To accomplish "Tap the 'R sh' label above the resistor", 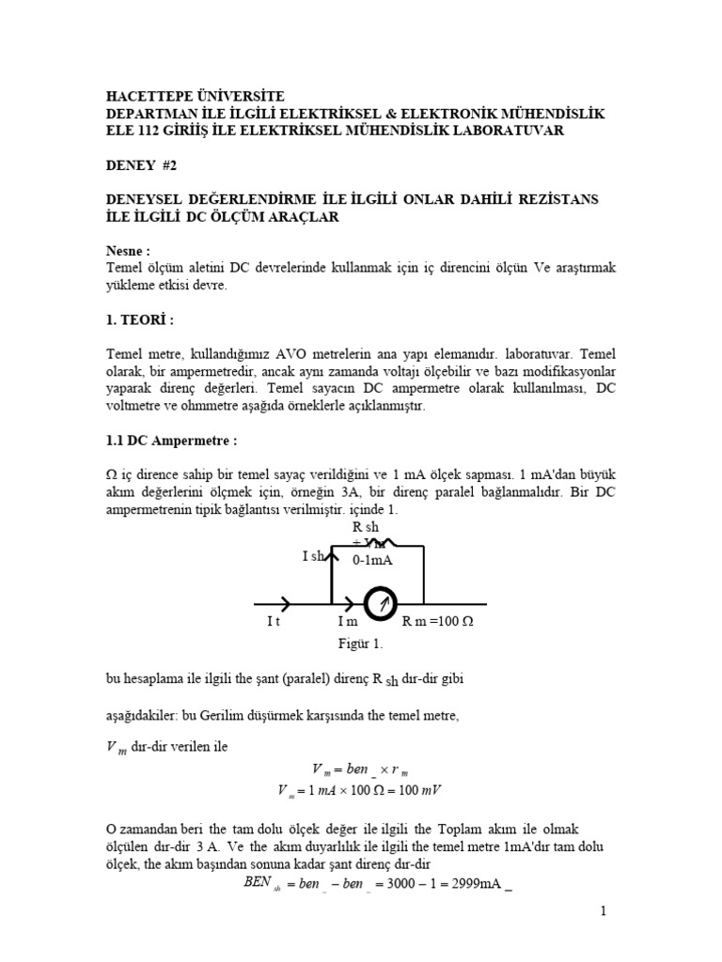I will click(365, 527).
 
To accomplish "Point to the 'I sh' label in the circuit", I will click(313, 557).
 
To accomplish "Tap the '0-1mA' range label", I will click(372, 560).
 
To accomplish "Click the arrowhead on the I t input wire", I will click(286, 604).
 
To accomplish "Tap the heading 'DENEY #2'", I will click(140, 164).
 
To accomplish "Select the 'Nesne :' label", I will click(127, 252).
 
